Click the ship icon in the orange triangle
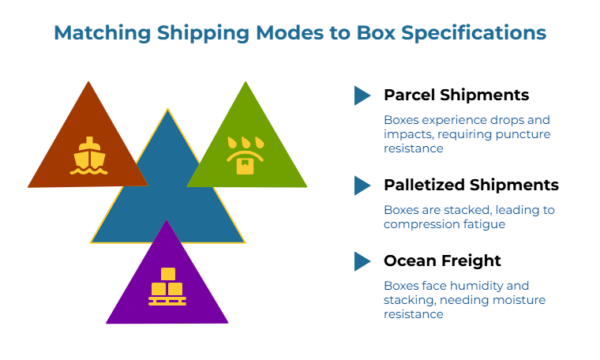coord(89,156)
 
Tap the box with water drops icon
coord(245,156)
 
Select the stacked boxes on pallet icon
coord(167,287)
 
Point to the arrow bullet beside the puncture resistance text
coord(361,95)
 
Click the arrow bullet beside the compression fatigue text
coord(361,185)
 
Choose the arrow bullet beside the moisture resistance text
coord(361,261)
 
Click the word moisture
coord(513,299)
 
